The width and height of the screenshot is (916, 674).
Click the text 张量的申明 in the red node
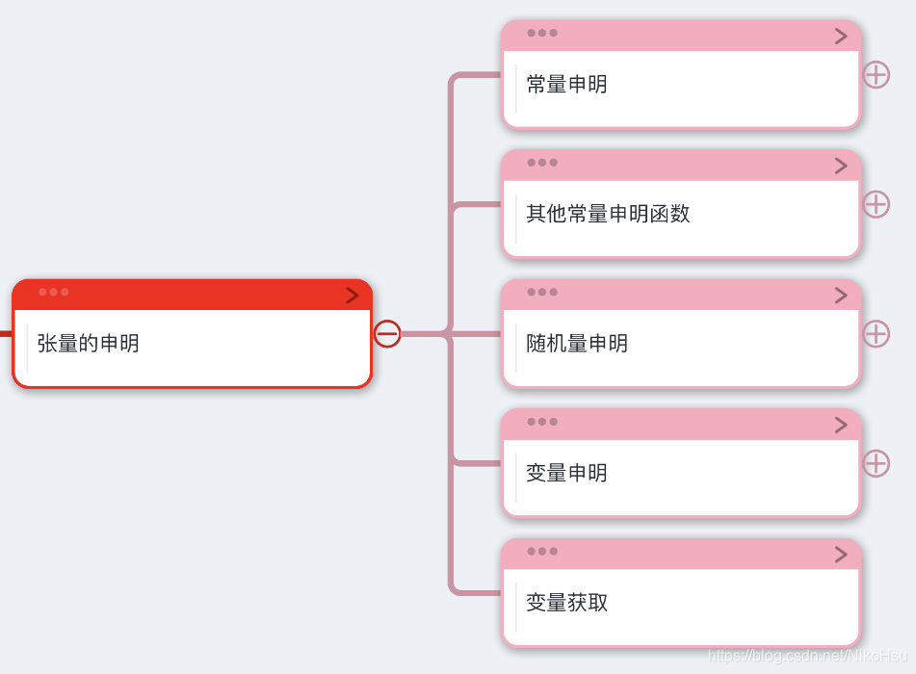point(88,343)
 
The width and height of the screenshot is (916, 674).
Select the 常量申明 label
point(566,84)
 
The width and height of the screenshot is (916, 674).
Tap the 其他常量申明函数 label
point(608,213)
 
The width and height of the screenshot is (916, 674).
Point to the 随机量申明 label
point(577,343)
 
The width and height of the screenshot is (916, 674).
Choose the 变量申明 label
point(566,473)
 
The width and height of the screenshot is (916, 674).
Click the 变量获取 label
point(566,603)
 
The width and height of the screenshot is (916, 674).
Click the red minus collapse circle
point(387,334)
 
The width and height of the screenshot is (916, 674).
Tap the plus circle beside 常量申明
point(876,74)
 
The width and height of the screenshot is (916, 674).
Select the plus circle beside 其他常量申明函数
point(876,204)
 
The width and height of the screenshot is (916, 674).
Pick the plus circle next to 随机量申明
point(876,334)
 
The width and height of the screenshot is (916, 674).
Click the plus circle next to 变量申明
point(876,463)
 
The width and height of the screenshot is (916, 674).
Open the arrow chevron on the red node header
point(353,296)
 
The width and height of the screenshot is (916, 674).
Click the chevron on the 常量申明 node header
point(841,37)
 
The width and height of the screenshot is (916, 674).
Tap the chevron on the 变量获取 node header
point(841,555)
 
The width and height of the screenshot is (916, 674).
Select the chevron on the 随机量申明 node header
point(841,296)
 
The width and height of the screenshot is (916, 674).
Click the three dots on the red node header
point(54,292)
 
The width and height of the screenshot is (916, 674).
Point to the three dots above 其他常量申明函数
point(542,163)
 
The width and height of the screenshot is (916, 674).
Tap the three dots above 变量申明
point(542,422)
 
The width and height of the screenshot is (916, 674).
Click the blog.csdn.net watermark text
point(809,656)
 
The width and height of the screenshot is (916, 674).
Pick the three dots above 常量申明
point(542,33)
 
